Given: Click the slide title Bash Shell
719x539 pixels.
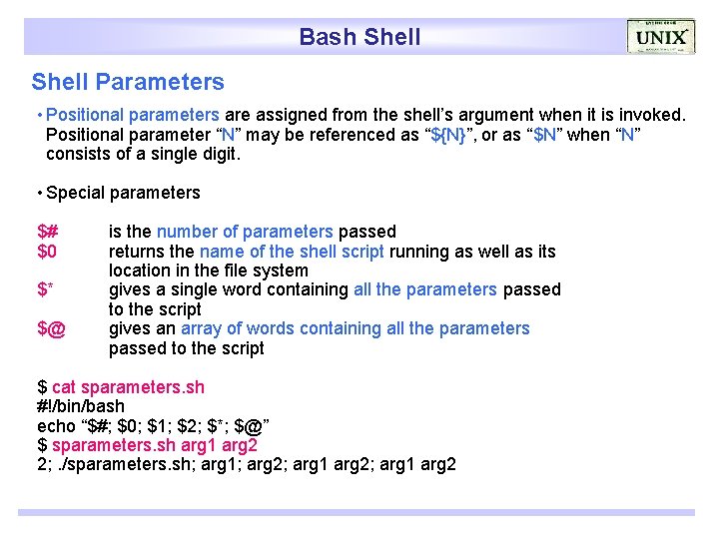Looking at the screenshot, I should click(359, 38).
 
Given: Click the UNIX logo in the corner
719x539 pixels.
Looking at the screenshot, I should click(661, 37).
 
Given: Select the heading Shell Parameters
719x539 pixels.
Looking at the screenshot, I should click(128, 82).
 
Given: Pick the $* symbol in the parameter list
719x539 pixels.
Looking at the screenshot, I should click(46, 290).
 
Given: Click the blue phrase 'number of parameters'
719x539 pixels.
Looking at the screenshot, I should click(245, 232).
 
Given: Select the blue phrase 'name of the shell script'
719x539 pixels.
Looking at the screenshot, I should click(292, 252).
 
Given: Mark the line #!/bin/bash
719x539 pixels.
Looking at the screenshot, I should click(81, 406).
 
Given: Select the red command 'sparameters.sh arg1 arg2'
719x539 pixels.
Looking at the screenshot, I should click(155, 445).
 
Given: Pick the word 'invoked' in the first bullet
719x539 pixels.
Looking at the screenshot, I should click(652, 115).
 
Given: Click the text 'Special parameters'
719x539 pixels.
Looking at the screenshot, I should click(123, 193).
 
